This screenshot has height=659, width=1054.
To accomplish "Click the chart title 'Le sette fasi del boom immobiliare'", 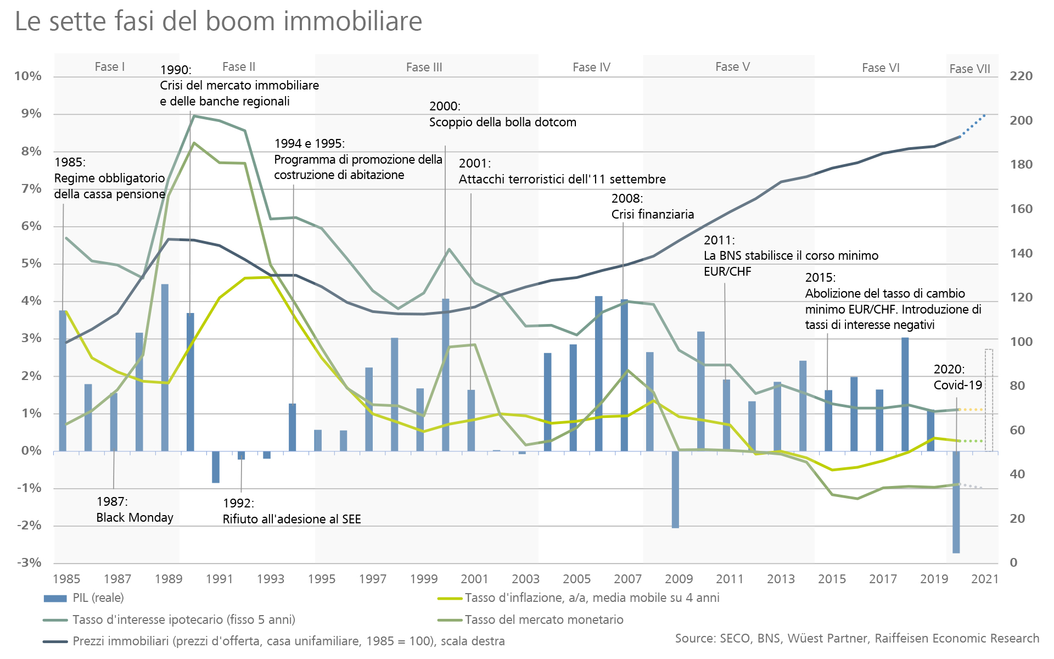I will (218, 22).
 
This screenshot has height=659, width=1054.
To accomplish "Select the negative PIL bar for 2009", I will (675, 489).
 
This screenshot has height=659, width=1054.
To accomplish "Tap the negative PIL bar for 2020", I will (956, 502).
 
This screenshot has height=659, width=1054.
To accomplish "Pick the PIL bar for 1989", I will (165, 367).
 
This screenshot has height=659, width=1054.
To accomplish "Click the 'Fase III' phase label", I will (424, 68).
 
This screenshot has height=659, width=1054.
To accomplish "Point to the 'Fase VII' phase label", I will (969, 69).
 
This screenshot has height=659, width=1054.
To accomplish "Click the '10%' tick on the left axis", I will (28, 76).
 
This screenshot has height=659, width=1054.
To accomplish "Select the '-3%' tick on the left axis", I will (29, 563).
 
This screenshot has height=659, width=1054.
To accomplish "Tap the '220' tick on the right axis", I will (1021, 76).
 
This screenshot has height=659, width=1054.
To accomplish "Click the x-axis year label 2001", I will (474, 579).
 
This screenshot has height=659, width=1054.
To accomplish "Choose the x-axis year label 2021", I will (985, 579).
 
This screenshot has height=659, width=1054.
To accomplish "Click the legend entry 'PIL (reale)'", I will (98, 598).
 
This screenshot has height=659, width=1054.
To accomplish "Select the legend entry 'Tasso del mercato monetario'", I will (543, 620).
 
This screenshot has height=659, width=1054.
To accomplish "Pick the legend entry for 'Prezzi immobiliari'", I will (288, 641).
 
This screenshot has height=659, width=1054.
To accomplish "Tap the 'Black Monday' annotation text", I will (134, 518).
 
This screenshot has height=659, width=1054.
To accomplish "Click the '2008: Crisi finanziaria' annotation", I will (653, 206).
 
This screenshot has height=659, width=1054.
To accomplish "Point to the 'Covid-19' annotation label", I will (957, 386).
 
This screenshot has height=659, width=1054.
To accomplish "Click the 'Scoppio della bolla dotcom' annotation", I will (502, 122).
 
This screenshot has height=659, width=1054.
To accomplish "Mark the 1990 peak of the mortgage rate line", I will (194, 116).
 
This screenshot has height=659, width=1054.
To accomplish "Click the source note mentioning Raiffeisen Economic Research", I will (857, 639).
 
